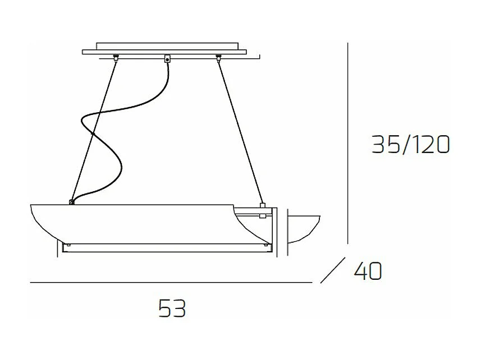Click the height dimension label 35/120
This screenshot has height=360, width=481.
410,145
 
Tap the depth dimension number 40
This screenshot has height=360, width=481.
368,271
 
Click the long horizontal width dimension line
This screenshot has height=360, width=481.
168,283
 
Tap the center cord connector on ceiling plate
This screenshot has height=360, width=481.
167,58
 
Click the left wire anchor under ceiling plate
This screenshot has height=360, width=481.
116,57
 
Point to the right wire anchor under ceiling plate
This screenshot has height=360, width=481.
218,57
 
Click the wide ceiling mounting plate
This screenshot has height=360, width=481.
164,52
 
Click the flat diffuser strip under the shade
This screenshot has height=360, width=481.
166,247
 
